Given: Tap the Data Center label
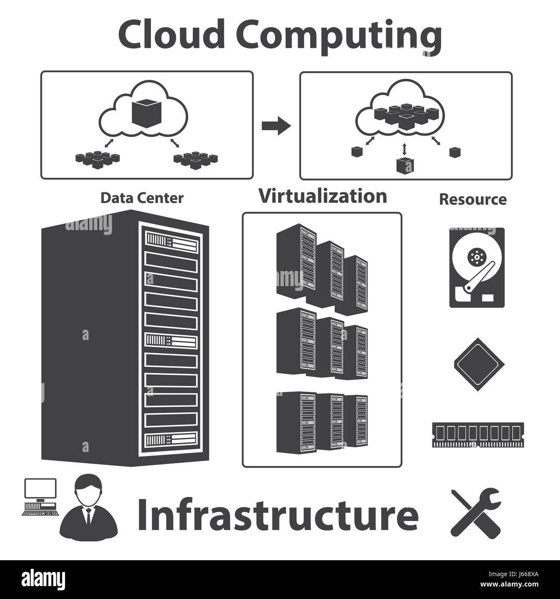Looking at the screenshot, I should coord(142,198).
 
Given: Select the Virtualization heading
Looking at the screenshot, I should coord(322,196).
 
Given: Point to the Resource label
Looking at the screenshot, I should coord(473,199).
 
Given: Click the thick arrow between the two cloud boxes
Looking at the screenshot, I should coord(276,126).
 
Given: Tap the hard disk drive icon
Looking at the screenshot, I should coord(477,267).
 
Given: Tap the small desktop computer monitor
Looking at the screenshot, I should coord(40,490).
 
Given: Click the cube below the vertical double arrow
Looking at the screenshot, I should coord(404,165).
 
